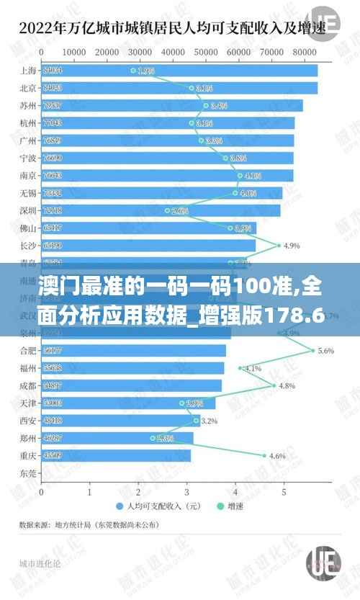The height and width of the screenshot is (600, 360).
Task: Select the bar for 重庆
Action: tap(115, 455)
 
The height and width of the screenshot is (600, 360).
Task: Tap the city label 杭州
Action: tap(28, 123)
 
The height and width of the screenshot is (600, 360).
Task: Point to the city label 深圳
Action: tap(28, 210)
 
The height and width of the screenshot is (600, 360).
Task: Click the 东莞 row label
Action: tap(28, 473)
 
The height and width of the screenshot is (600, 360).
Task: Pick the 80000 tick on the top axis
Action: tap(305, 52)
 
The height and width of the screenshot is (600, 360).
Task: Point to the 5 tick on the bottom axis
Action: tap(284, 493)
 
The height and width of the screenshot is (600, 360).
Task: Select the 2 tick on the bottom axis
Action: tap(138, 493)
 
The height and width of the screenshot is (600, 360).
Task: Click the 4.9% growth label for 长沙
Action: tap(292, 246)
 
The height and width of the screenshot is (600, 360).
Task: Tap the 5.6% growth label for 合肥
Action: tap(325, 351)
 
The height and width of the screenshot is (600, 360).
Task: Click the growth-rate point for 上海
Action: tap(133, 71)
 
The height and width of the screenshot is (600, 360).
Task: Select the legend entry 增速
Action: tap(231, 506)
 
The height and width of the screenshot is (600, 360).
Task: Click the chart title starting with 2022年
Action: tap(172, 29)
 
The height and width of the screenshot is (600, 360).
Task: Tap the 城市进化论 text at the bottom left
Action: tap(40, 563)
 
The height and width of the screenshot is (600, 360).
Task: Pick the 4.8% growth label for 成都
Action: tap(287, 385)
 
